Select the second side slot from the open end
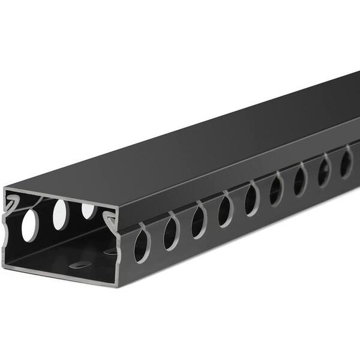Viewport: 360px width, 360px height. tap(172, 232)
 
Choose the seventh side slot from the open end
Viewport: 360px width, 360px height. tap(300, 179)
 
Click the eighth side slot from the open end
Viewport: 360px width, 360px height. tap(324, 169)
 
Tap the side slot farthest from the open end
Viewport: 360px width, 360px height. tap(346, 161)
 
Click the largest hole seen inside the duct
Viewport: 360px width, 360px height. tap(29, 226)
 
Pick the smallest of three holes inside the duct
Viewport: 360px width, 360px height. tap(88, 210)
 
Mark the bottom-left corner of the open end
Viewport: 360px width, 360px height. tap(8, 263)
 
